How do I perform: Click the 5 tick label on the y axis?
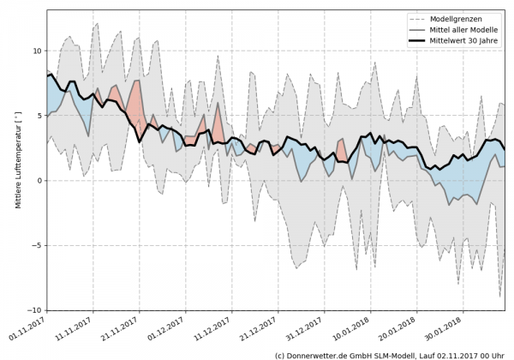pyautogui.click(x=38, y=116)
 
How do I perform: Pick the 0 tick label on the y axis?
pyautogui.click(x=38, y=181)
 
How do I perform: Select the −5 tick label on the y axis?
pyautogui.click(x=35, y=246)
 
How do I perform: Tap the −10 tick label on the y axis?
pyautogui.click(x=33, y=310)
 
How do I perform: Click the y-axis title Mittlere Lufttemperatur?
pyautogui.click(x=16, y=181)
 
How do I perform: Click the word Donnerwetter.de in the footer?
pyautogui.click(x=324, y=354)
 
